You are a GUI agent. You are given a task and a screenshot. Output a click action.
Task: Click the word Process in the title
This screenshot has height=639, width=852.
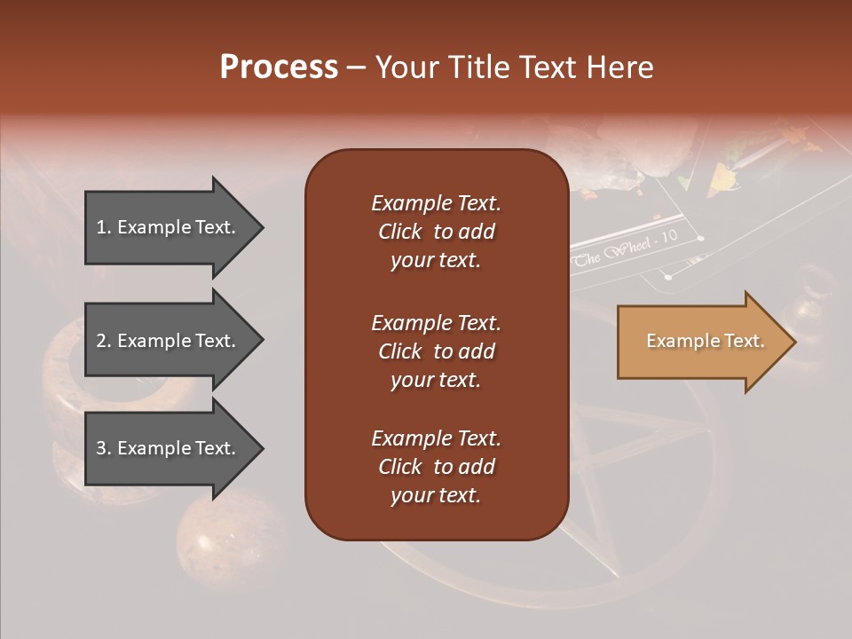[x=279, y=67]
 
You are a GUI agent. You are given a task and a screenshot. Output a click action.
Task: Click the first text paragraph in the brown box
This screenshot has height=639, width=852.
[x=436, y=232]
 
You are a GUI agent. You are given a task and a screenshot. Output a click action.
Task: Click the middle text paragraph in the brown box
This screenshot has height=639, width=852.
[x=436, y=351]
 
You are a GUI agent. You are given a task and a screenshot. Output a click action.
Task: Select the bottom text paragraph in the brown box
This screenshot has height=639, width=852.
[x=436, y=467]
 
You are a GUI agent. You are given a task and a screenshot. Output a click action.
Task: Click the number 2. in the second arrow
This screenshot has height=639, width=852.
[x=104, y=341]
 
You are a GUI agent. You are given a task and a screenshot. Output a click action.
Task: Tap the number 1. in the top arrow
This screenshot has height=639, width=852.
[x=104, y=227]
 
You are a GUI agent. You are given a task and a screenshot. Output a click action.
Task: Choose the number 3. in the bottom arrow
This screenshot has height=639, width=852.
[x=104, y=448]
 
